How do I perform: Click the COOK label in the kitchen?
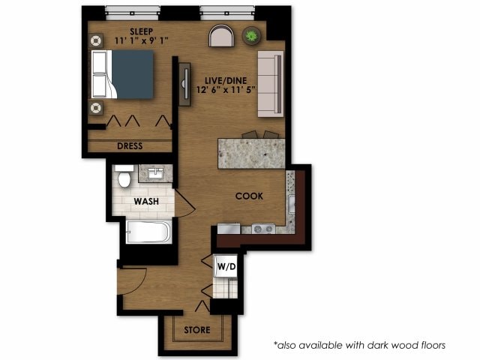pos(250,196)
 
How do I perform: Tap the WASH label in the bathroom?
pos(145,201)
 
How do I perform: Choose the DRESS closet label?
pos(130,145)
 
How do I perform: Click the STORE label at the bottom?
pos(197,330)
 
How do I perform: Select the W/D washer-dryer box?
pos(226,266)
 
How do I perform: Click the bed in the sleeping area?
pos(124,75)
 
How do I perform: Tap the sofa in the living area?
pos(270,84)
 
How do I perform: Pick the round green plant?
pos(252,34)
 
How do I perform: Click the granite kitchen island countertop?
pos(251,154)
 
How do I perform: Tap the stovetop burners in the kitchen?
pos(262,228)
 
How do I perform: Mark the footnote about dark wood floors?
pos(360,345)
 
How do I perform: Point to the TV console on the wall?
pos(184,85)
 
